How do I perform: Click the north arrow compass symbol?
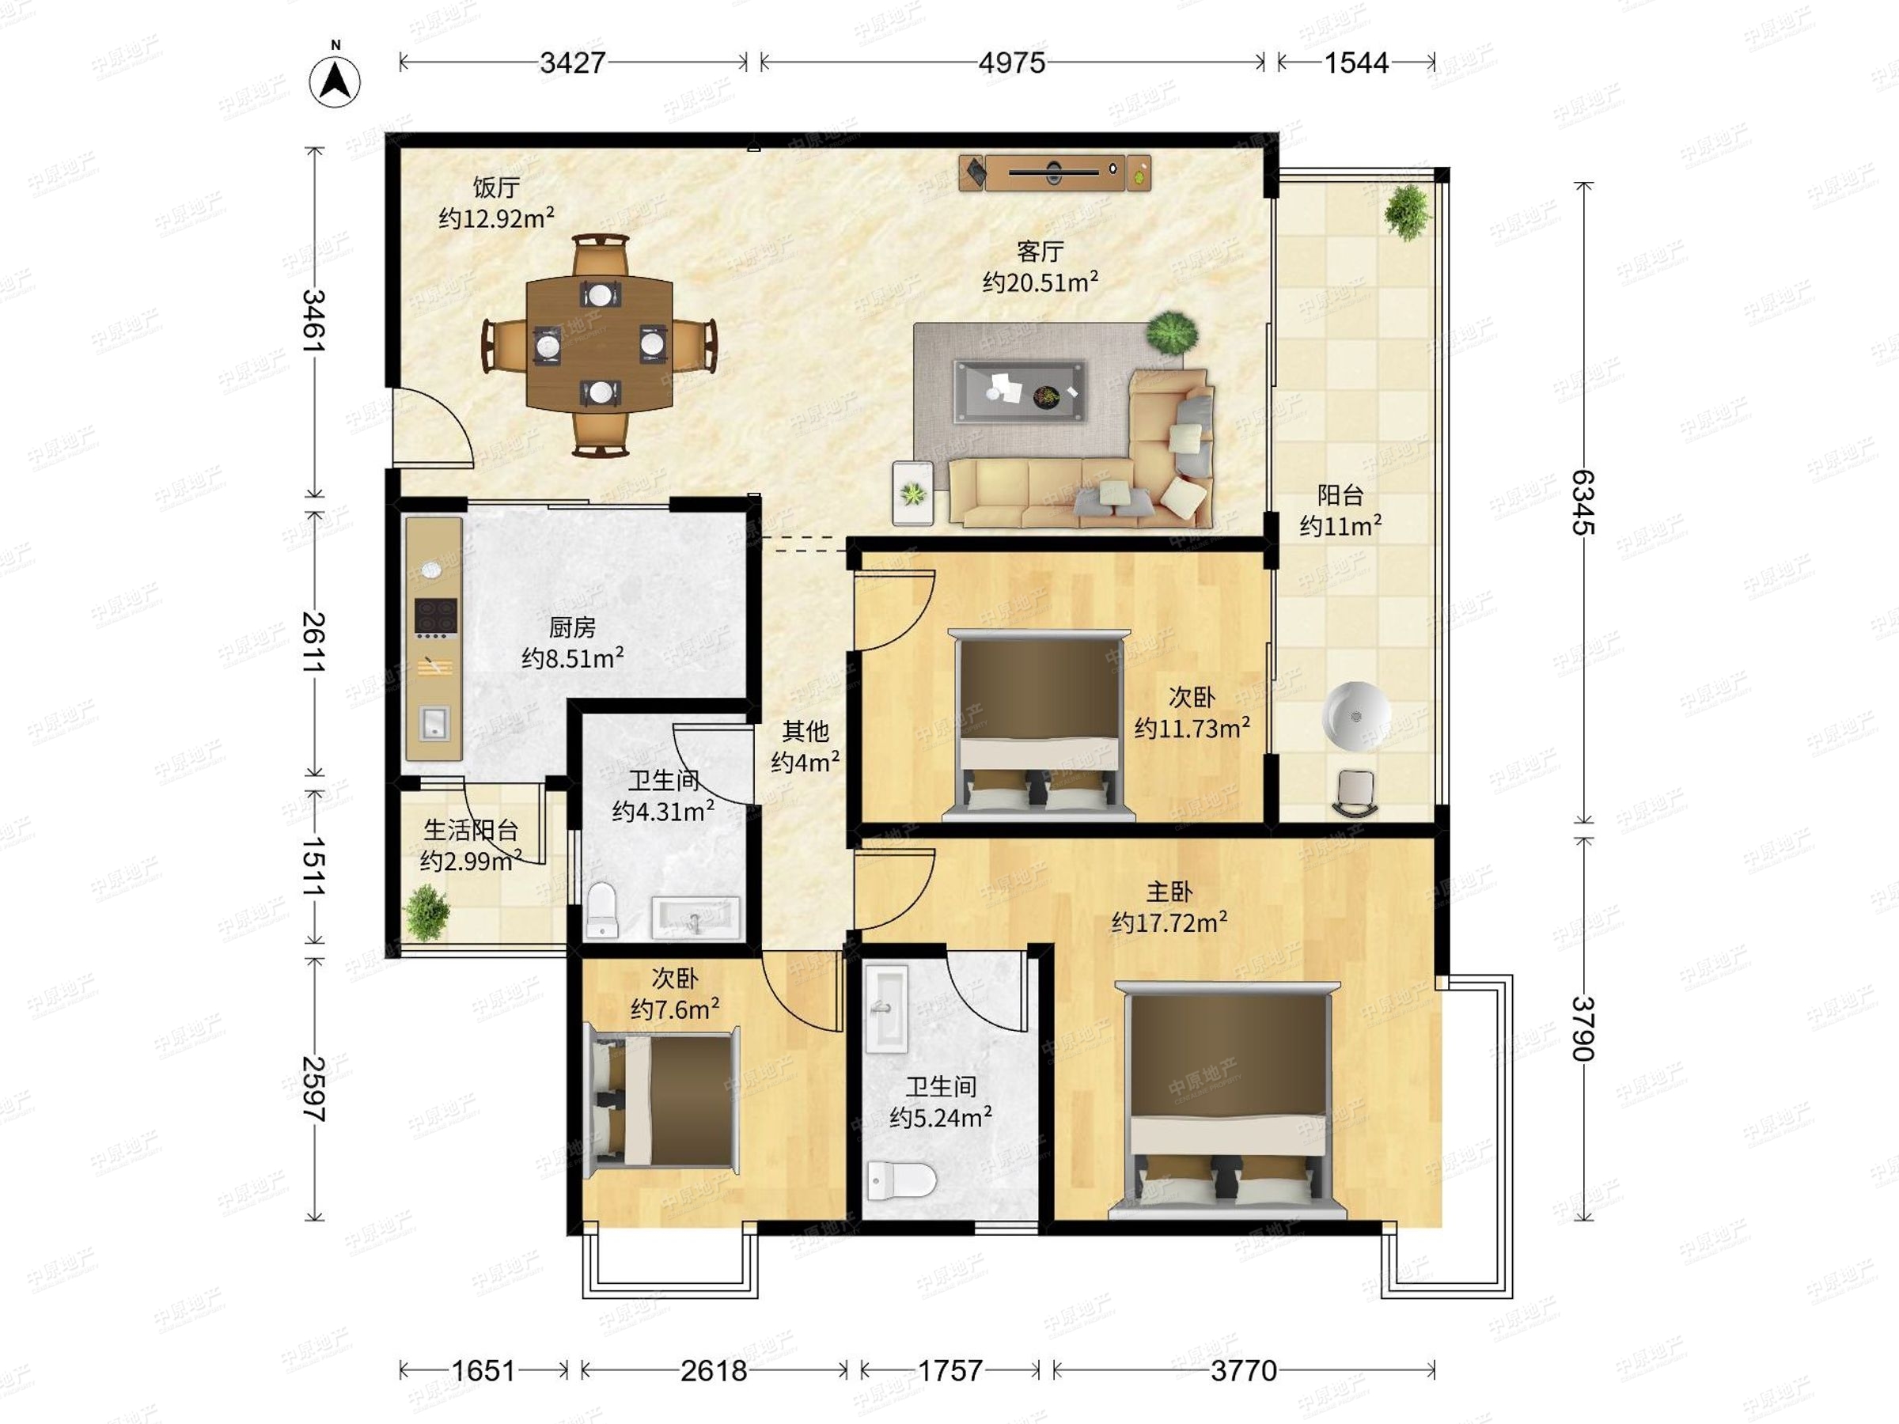[335, 81]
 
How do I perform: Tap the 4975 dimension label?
[1012, 62]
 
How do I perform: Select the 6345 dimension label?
[1584, 502]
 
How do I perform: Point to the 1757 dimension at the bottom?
[950, 1371]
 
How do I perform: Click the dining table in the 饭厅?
[599, 343]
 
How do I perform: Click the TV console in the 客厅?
[1055, 172]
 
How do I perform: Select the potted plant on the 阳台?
[1407, 211]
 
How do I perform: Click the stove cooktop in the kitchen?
[436, 617]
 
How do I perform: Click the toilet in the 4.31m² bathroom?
[603, 911]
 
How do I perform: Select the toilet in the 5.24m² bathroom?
[900, 1181]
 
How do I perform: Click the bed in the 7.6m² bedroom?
[662, 1101]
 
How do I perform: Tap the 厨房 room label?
[572, 627]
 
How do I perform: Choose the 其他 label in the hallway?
[805, 731]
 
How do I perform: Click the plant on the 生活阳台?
[426, 912]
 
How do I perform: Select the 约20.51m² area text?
[1040, 282]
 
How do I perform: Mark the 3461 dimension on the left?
[313, 321]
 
